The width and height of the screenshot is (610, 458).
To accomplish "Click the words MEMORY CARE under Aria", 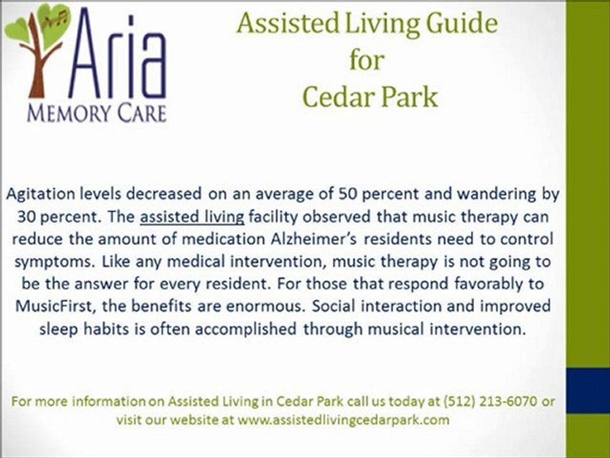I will point(96,113).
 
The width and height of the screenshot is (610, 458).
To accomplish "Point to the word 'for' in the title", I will point(367,60).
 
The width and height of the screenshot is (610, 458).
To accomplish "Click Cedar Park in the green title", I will point(370,97).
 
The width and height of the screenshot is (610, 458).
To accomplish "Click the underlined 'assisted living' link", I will point(192,217).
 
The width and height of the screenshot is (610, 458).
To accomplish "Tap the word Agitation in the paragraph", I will point(41,193).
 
